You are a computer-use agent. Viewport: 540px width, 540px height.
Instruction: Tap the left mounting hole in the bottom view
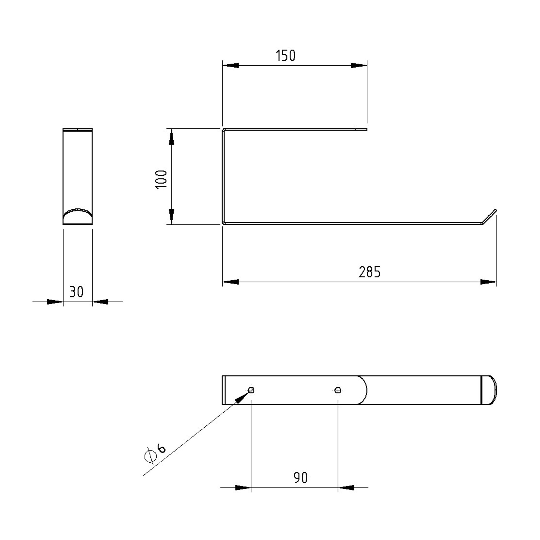pos(251,390)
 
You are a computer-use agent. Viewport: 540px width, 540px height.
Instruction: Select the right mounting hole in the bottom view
pos(338,390)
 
